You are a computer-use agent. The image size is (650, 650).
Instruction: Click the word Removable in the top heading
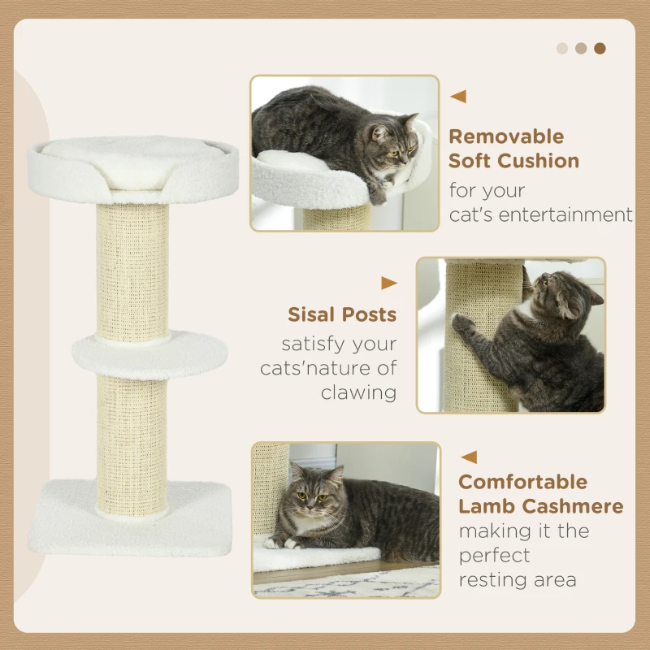[505, 136]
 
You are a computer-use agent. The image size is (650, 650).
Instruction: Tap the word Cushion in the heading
[538, 161]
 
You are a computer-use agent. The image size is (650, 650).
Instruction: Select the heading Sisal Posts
[342, 314]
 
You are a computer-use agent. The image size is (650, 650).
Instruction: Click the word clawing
[358, 392]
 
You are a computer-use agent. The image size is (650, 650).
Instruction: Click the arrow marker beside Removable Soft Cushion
[458, 97]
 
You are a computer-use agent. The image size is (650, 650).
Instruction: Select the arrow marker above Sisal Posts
[389, 284]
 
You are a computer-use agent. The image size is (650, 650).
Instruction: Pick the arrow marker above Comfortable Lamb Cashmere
[469, 457]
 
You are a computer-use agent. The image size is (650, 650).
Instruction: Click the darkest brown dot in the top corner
[600, 48]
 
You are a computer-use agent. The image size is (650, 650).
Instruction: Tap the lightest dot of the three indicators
[562, 48]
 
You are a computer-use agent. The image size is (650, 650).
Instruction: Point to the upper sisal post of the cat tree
[133, 268]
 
